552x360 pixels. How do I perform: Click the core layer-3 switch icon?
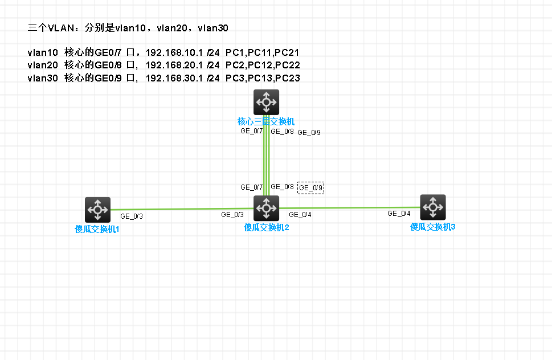(x=266, y=102)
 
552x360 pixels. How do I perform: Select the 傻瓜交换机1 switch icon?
(x=97, y=210)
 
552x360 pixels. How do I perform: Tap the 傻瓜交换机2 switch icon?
(x=266, y=208)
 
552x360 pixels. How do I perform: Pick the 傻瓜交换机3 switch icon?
(x=433, y=207)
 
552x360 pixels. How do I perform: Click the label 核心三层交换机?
(x=266, y=122)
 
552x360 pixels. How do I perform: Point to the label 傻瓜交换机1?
(x=97, y=229)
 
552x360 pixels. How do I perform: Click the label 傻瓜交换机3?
(x=433, y=227)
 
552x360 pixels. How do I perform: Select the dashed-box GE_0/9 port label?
(x=310, y=188)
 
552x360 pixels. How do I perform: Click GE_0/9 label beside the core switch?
(x=309, y=132)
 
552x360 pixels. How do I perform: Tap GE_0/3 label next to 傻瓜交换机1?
(x=132, y=216)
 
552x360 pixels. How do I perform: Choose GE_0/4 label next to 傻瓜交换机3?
(x=399, y=213)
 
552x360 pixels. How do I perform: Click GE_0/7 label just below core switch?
(x=251, y=131)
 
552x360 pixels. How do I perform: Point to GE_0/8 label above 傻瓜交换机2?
(x=282, y=187)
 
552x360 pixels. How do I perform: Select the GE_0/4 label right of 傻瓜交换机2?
(x=300, y=214)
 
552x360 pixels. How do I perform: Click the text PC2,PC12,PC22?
(x=263, y=65)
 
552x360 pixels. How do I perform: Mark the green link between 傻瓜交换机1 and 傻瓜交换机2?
(x=182, y=209)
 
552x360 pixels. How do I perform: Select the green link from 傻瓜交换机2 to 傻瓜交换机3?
(x=350, y=207)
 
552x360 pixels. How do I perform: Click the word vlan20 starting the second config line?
(x=43, y=65)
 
